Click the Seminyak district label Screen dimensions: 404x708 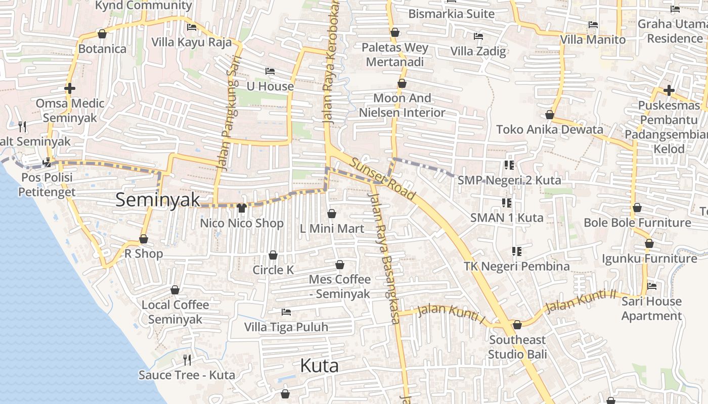(158, 199)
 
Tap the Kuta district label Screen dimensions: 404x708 (319, 365)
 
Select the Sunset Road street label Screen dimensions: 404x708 (383, 179)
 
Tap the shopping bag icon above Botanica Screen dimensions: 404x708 (102, 34)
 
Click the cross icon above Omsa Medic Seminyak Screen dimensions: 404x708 (70, 88)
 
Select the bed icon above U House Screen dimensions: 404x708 (270, 71)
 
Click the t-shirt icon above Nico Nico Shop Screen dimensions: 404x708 (241, 208)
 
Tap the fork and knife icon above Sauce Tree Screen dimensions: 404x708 (187, 360)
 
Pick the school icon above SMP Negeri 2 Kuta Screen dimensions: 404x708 (509, 165)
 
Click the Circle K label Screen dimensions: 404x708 (273, 270)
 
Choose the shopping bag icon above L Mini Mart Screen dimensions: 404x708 (332, 214)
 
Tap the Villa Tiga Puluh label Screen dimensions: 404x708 (286, 327)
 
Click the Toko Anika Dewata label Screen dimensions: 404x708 (550, 129)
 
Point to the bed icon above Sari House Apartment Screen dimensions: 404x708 (652, 286)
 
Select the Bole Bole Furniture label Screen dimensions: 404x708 (637, 222)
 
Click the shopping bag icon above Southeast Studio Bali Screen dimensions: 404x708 (517, 325)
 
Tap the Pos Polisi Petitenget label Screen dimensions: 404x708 (46, 184)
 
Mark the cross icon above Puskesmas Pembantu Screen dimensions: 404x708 (669, 90)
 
